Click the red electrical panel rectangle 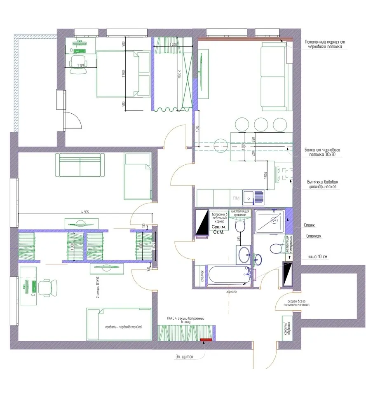pyautogui.click(x=205, y=339)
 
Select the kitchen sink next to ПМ pyautogui.click(x=253, y=197)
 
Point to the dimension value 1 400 pyautogui.click(x=173, y=44)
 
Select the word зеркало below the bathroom pyautogui.click(x=231, y=291)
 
